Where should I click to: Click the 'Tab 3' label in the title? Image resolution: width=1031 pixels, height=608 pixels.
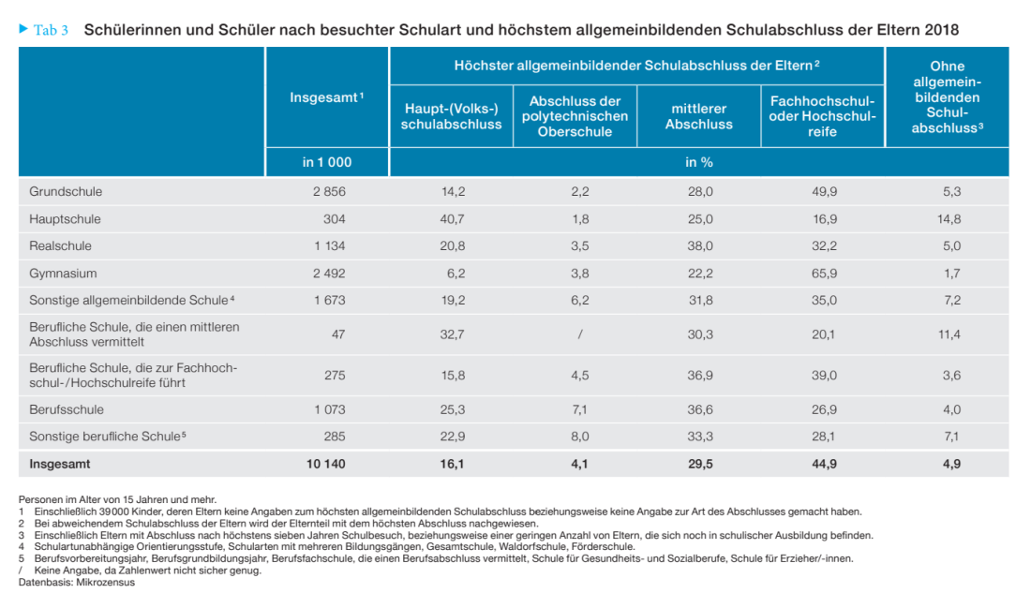(51, 30)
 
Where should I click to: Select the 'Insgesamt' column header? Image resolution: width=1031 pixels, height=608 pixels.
(326, 97)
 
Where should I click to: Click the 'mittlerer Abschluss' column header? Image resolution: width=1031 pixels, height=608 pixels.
(698, 116)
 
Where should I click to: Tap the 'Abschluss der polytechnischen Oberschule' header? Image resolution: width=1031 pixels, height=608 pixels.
(575, 116)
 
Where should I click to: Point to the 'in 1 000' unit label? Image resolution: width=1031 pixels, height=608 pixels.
(326, 162)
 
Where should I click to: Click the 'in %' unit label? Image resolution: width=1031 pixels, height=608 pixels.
(698, 162)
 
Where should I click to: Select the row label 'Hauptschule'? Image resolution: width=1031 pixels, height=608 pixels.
(65, 219)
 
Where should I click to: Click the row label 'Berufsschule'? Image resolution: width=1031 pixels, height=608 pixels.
(67, 409)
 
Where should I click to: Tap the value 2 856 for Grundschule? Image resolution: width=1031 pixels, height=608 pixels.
(329, 192)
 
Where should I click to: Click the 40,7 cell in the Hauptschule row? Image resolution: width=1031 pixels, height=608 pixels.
(453, 219)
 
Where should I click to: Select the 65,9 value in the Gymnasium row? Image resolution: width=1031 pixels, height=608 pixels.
(822, 274)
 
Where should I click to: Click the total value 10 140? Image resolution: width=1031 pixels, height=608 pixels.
(324, 464)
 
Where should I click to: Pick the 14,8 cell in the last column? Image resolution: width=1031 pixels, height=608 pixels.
(948, 219)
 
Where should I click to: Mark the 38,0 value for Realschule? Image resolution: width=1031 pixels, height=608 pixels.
(699, 246)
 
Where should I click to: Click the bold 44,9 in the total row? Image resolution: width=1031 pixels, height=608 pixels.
(822, 464)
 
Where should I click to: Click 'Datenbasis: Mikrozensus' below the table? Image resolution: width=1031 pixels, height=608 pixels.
(77, 582)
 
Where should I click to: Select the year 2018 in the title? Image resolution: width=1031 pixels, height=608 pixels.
(941, 30)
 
